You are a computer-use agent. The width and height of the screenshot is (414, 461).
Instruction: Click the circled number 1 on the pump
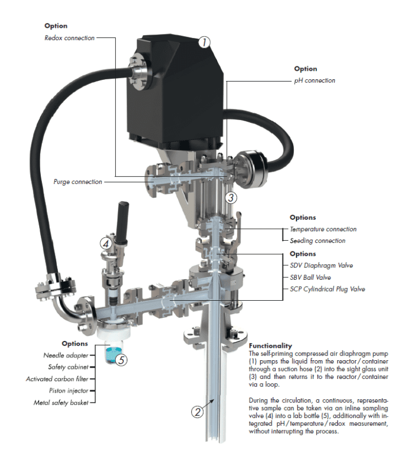[204, 42]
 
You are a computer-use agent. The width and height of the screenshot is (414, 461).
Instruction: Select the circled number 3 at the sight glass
[230, 198]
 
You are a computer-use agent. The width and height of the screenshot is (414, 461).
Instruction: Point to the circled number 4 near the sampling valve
[105, 243]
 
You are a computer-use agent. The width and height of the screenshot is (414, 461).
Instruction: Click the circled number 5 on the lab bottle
[120, 358]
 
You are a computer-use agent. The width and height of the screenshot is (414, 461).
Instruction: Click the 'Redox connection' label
[70, 38]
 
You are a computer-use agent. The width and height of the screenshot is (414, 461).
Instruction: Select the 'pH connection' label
[314, 80]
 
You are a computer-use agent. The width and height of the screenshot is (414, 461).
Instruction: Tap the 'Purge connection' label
[78, 182]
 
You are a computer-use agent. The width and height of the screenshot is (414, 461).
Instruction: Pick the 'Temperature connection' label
[323, 229]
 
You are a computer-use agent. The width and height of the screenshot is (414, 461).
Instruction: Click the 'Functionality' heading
[271, 345]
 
